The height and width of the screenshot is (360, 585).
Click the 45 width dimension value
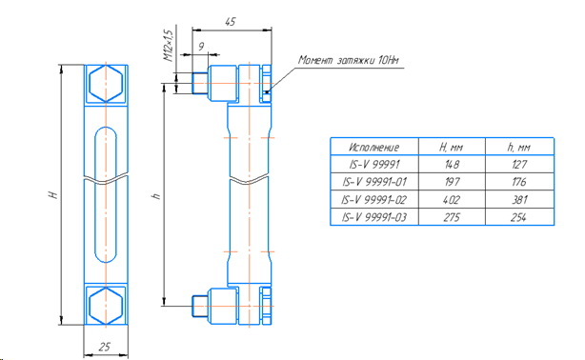click(x=231, y=22)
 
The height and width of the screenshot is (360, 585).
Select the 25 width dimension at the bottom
click(x=105, y=347)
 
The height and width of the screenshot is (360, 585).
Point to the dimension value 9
click(x=201, y=47)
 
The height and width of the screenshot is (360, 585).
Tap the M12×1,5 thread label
click(x=169, y=46)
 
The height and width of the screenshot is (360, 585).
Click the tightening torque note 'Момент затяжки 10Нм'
click(x=348, y=60)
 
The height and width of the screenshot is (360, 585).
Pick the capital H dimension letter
click(x=53, y=194)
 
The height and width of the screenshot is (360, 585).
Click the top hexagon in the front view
click(x=106, y=84)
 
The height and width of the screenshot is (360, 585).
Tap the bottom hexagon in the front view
click(x=106, y=306)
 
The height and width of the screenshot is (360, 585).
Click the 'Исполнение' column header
click(x=374, y=148)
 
